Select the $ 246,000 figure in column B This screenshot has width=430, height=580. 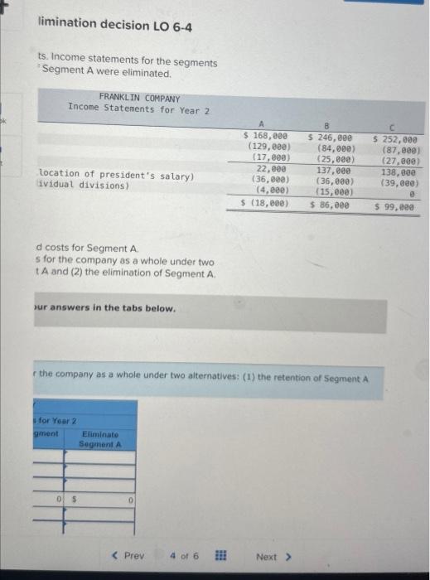coord(330,138)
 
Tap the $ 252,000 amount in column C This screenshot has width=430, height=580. coord(396,140)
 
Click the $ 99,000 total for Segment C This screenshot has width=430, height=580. coord(394,208)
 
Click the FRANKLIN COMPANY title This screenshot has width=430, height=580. coord(139,97)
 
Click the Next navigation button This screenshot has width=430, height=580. coord(273,556)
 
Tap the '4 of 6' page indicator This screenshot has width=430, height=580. coord(183,555)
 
